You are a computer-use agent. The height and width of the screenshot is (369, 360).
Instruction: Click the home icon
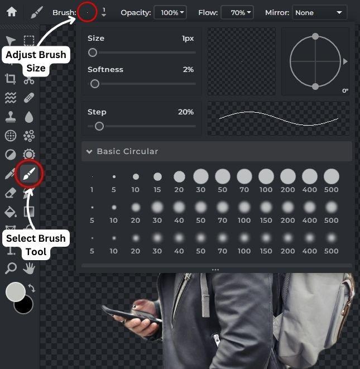tap(12, 12)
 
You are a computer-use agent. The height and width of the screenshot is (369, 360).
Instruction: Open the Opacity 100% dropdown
tap(170, 12)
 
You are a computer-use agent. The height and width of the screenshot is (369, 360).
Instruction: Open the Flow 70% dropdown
tap(237, 12)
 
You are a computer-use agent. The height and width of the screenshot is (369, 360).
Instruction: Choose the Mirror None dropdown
tap(319, 12)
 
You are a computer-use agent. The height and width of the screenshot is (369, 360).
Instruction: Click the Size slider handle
tap(93, 52)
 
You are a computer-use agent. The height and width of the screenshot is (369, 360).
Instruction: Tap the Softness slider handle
tap(94, 84)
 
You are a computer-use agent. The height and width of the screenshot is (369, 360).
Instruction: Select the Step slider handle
tap(99, 126)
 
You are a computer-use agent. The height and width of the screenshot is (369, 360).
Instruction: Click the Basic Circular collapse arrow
tap(89, 151)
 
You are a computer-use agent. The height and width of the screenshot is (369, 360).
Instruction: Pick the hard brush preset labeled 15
tap(157, 176)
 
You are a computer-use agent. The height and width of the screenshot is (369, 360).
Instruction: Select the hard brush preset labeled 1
tap(92, 176)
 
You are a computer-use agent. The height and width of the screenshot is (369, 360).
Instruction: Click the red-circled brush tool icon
tap(29, 174)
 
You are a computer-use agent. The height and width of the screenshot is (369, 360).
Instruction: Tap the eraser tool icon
tap(11, 193)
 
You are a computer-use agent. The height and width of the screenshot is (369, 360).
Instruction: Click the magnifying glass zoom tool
tap(11, 269)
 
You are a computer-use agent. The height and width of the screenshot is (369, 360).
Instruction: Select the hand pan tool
tap(29, 269)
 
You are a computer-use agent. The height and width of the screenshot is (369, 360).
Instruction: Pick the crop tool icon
tap(11, 79)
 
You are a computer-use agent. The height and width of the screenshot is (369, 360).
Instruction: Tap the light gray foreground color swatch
tap(16, 292)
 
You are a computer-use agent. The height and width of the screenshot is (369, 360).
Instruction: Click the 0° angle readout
tap(345, 91)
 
